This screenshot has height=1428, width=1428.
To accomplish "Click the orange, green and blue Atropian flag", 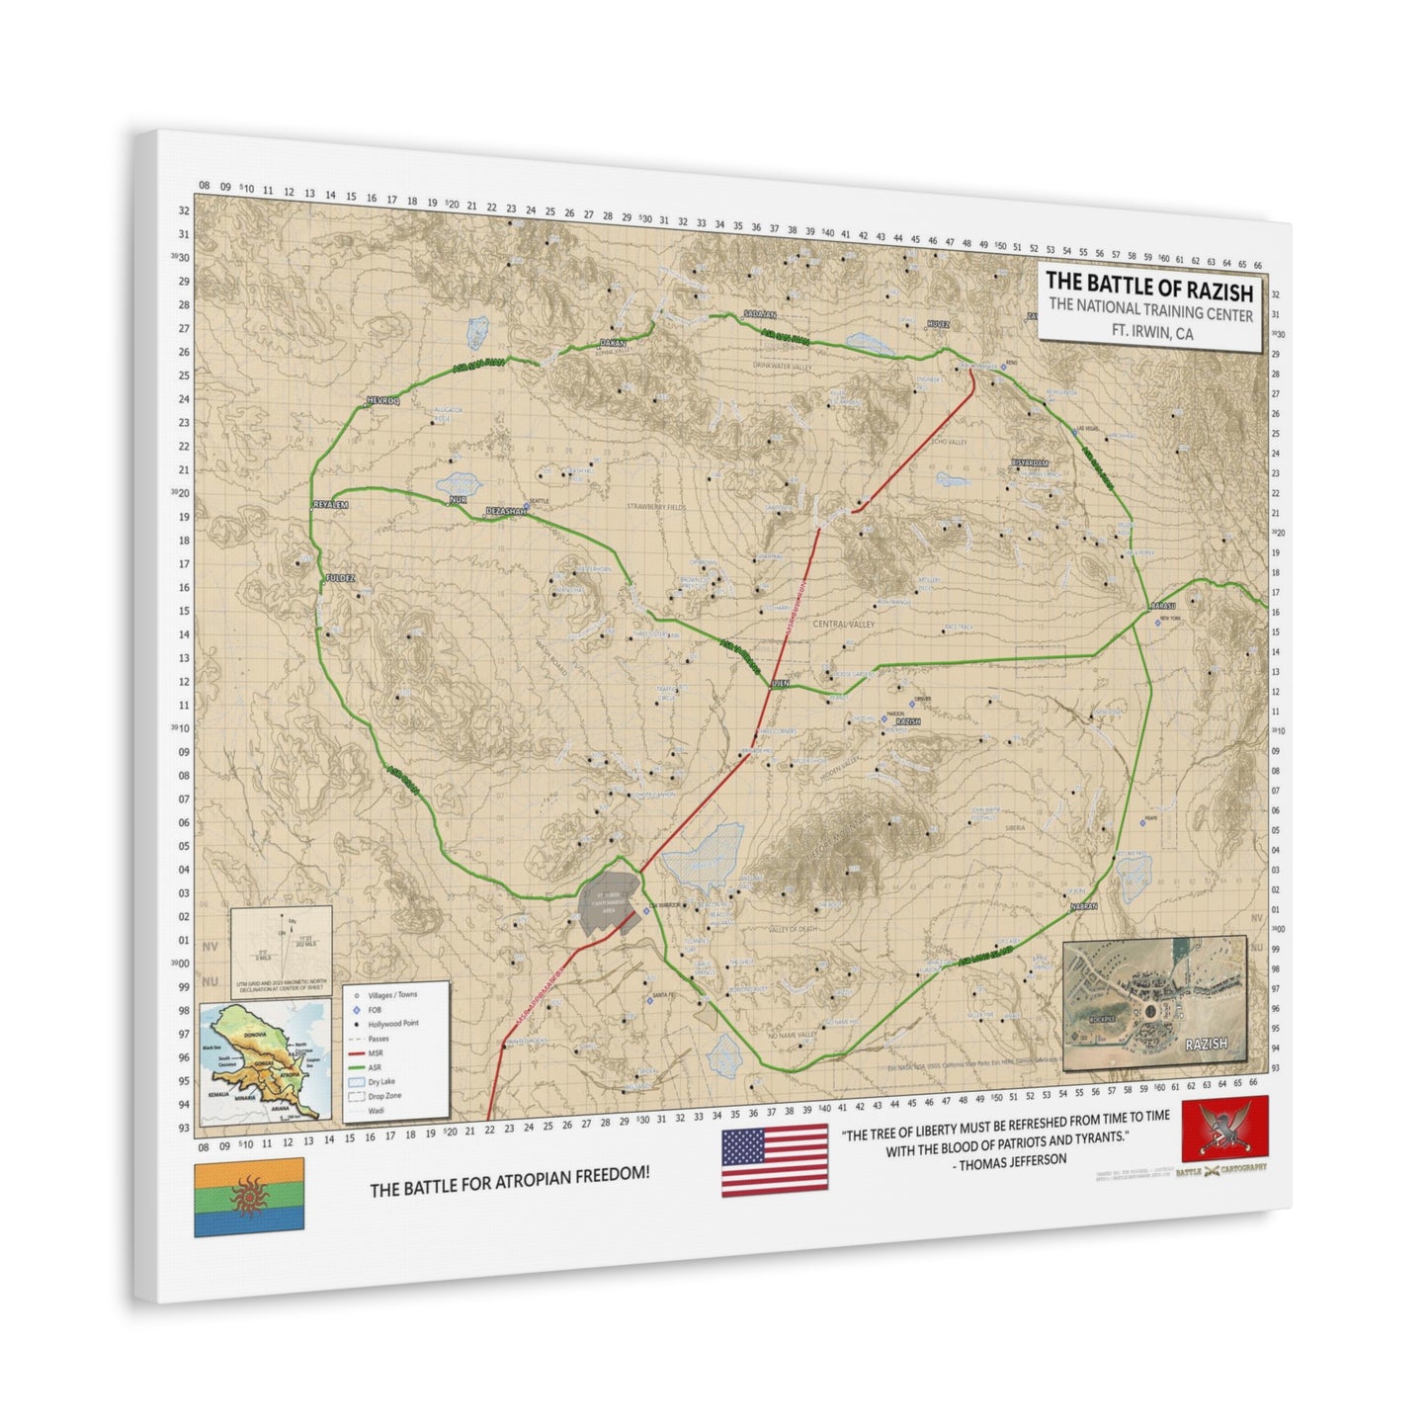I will [x=248, y=1200].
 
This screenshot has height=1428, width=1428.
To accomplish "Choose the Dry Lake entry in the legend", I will [x=381, y=1082].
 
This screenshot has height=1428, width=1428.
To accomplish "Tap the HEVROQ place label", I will [x=380, y=401].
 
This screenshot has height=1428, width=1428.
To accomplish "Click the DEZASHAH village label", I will [x=503, y=511].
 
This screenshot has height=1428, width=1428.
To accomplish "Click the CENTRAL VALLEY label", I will [x=843, y=625].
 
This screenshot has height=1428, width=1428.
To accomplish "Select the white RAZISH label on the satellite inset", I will [x=1206, y=1044].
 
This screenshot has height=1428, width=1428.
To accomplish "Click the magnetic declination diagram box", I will [x=280, y=952].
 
